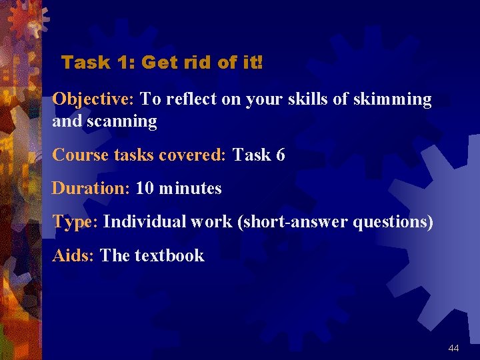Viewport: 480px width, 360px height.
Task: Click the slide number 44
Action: click(454, 349)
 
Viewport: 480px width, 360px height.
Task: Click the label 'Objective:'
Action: click(94, 100)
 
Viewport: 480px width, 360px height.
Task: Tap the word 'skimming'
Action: click(395, 100)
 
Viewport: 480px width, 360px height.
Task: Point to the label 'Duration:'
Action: click(91, 189)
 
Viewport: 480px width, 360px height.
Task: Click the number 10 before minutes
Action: click(145, 189)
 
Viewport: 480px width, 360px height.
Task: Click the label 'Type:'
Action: click(75, 222)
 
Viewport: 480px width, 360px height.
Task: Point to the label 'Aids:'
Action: click(73, 255)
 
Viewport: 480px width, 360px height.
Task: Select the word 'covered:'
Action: click(194, 155)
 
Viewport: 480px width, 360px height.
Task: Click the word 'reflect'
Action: click(190, 100)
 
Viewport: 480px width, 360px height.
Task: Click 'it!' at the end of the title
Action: click(253, 63)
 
